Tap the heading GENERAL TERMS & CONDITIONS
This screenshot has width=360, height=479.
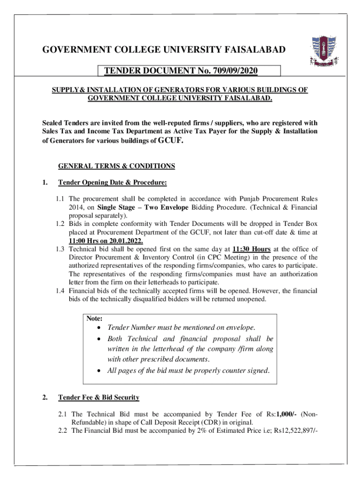[116, 166]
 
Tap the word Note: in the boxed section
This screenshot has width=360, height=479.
[94, 318]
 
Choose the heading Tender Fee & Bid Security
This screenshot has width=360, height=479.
[99, 398]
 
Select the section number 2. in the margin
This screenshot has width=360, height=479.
[44, 398]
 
